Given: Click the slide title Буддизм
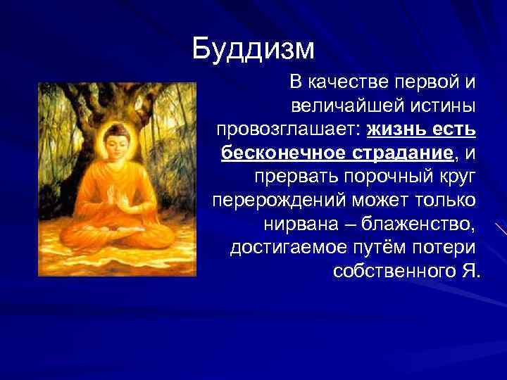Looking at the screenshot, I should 254,49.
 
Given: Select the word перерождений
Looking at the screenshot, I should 278,201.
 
